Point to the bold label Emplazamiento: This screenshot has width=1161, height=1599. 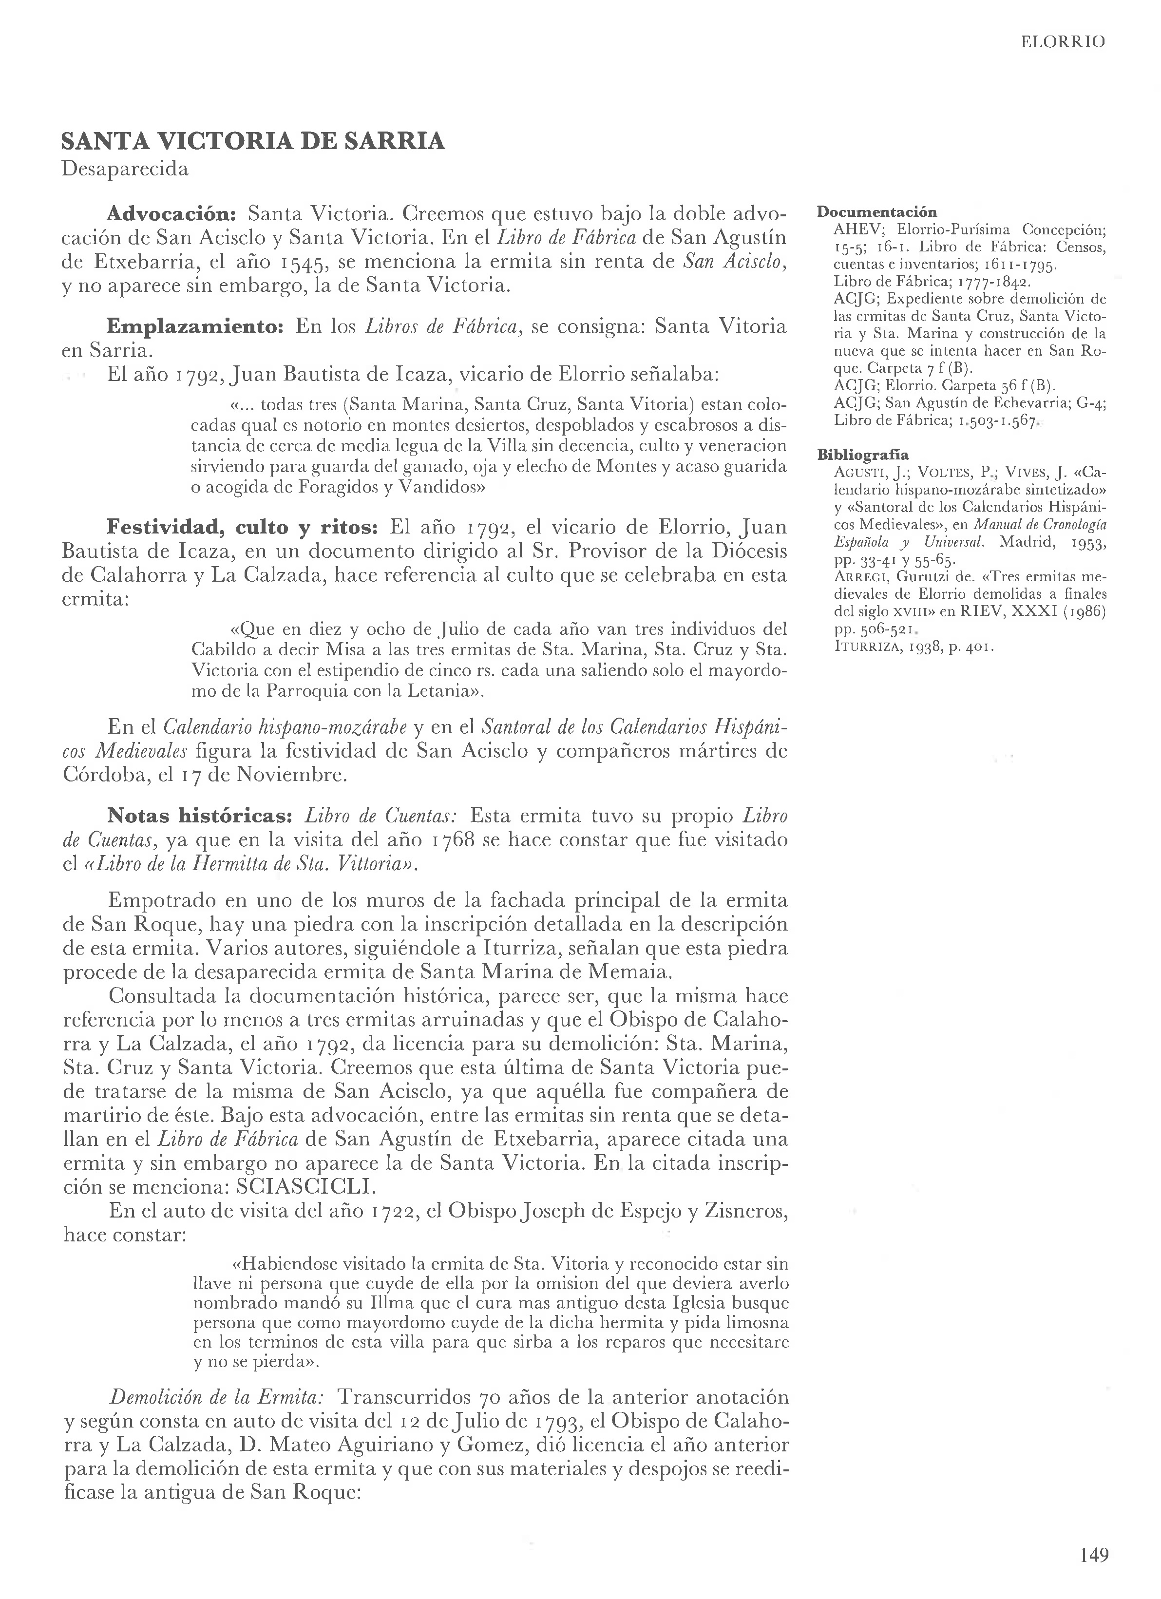point(194,326)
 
